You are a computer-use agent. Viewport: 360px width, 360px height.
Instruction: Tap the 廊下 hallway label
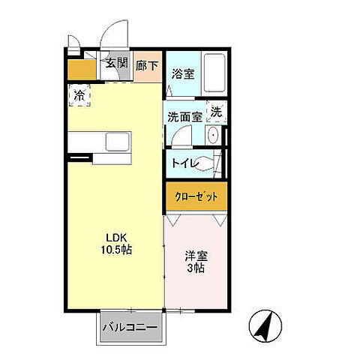pos(148,65)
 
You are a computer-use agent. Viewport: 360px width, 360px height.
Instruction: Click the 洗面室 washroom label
pos(184,116)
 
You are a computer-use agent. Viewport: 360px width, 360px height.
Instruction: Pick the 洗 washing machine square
pos(216,112)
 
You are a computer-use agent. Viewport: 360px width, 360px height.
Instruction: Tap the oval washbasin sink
pos(213,136)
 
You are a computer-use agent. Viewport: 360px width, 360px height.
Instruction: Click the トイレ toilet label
pos(184,162)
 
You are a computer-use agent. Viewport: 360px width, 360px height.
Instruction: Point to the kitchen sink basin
pos(117,142)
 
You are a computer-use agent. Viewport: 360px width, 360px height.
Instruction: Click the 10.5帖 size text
pos(118,250)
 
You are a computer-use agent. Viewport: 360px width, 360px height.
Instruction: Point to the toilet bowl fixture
pos(213,162)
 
